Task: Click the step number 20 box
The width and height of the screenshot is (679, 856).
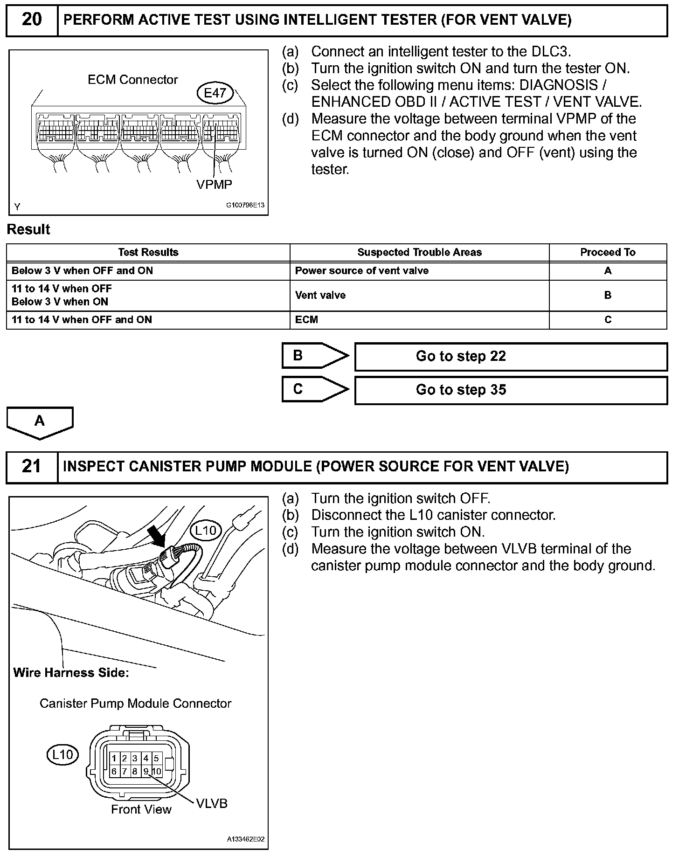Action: tap(32, 20)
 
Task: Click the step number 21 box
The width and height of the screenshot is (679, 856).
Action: tap(32, 467)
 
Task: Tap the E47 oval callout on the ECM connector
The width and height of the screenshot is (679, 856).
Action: tap(215, 93)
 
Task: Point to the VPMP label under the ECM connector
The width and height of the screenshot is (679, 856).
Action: tap(214, 185)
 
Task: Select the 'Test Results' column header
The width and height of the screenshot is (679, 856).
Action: tap(148, 252)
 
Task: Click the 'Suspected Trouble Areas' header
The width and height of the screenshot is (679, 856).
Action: tap(419, 252)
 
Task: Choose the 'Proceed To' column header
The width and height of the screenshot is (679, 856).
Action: tap(608, 252)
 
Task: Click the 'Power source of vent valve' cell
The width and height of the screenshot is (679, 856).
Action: tap(361, 271)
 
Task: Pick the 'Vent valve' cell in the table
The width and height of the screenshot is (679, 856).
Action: tap(320, 295)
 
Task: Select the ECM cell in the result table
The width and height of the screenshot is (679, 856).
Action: tap(306, 320)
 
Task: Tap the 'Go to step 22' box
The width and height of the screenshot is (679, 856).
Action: tap(511, 357)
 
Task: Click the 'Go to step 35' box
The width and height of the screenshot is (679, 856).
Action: tap(511, 390)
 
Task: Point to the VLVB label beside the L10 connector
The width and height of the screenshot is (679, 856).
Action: tap(212, 803)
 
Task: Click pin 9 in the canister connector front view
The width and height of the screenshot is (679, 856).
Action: tap(146, 772)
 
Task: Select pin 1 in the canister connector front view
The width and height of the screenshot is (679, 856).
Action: tap(114, 759)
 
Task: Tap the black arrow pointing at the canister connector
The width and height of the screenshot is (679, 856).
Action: tap(158, 537)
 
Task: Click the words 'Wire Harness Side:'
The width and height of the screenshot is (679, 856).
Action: tap(71, 673)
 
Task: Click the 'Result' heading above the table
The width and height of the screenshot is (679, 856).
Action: tap(28, 229)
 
